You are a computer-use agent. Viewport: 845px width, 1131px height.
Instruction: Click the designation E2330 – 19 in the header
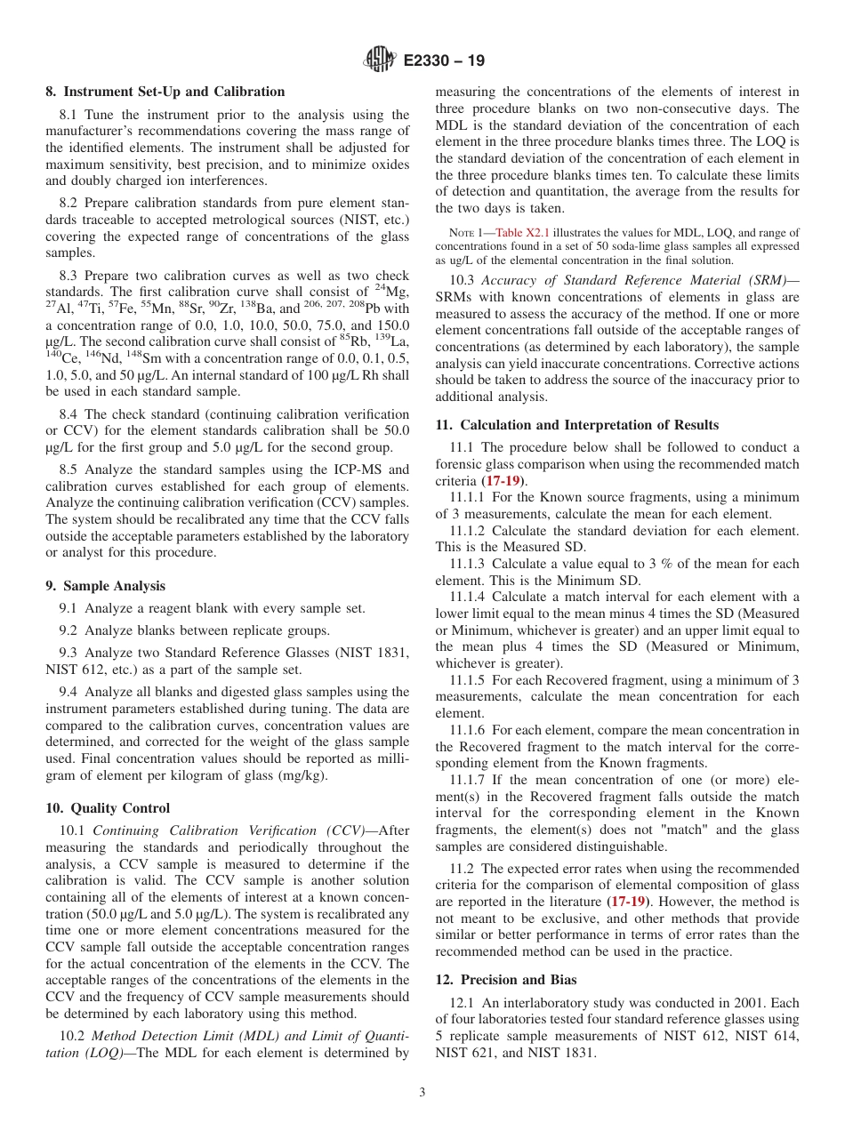(x=444, y=60)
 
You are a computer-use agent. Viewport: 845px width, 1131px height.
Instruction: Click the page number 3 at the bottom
(x=422, y=1093)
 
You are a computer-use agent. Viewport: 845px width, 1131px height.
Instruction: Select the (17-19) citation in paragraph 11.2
(x=627, y=902)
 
